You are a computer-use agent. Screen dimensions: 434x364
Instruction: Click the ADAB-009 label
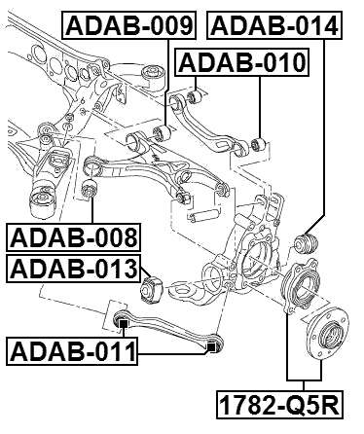128,25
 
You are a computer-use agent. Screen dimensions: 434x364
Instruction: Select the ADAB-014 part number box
277,25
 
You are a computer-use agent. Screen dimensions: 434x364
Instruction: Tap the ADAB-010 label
242,64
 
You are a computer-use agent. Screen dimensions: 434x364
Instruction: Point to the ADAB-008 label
72,235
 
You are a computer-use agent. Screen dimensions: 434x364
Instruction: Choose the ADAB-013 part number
72,269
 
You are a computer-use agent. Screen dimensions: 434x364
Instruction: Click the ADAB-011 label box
72,349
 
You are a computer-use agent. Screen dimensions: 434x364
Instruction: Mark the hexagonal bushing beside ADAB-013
153,288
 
